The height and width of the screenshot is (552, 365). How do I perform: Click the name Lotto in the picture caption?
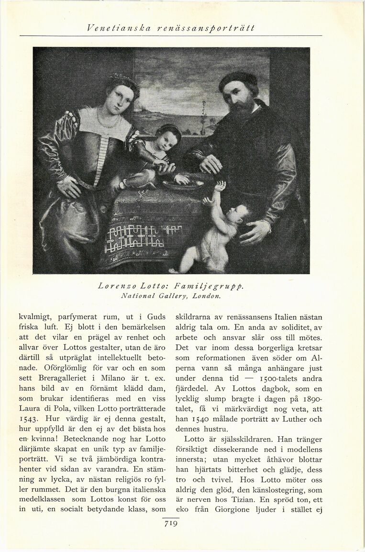pos(153,287)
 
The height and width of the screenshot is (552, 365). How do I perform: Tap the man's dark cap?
pos(238,79)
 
